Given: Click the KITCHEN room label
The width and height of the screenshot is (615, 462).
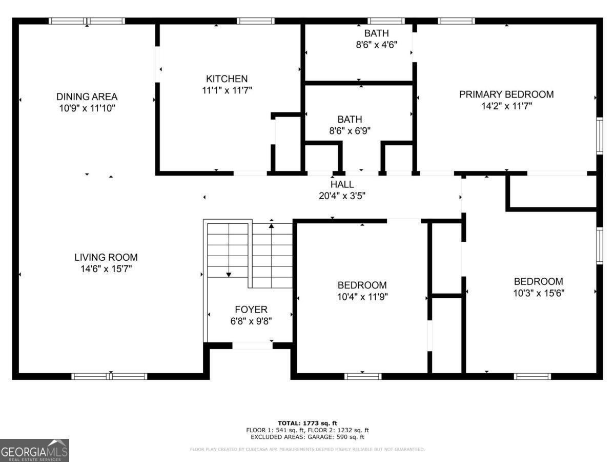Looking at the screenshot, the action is pos(227,79).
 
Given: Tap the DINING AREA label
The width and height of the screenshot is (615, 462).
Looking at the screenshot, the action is pos(87,97).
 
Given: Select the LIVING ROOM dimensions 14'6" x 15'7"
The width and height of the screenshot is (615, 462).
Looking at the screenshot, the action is pos(106,268).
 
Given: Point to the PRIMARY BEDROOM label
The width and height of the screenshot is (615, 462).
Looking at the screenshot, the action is pos(506,94).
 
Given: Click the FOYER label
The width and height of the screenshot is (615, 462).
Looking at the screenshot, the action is pos(251,310).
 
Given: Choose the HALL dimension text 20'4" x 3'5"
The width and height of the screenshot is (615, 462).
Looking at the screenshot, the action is pos(342,196).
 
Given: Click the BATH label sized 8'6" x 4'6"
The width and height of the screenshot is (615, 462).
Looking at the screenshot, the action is pos(376,33).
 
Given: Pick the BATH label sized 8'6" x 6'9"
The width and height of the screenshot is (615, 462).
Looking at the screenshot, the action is pos(350,120).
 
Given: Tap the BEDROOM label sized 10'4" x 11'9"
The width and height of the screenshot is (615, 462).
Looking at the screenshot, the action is pos(362,285).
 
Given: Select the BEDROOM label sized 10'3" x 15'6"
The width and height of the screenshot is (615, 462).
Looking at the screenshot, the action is pos(538,281).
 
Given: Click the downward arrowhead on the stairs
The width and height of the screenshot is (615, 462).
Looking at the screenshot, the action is pos(229,275).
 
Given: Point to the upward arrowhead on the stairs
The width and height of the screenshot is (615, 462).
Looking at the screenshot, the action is pos(271,225).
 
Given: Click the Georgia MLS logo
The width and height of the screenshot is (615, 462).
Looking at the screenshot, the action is pos(34,451).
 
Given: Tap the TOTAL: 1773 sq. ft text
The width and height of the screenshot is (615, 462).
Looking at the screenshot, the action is pos(307,423).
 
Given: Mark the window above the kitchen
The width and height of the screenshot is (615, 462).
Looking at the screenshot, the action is pos(256,21).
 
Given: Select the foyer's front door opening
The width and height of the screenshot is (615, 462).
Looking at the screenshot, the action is pos(253,345).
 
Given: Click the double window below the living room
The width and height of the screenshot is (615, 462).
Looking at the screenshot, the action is pos(109,376).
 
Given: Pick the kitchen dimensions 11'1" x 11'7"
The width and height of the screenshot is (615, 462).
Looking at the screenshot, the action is pos(227,90).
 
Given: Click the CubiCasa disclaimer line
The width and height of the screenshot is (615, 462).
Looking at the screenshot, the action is pos(307,449).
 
